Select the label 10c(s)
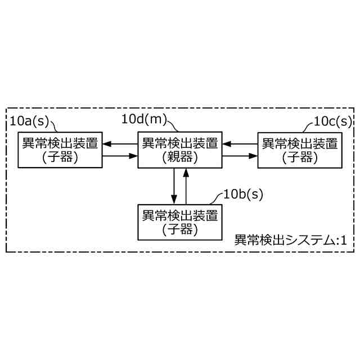pyautogui.click(x=332, y=121)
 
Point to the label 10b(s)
pyautogui.click(x=243, y=195)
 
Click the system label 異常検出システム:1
pyautogui.click(x=290, y=240)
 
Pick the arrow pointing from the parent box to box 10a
pyautogui.click(x=120, y=144)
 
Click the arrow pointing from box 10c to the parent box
pyautogui.click(x=240, y=144)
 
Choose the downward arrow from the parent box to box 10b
pyautogui.click(x=174, y=186)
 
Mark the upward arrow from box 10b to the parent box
pyautogui.click(x=186, y=186)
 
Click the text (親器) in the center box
pyautogui.click(x=180, y=157)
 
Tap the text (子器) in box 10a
pyautogui.click(x=60, y=157)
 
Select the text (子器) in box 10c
pyautogui.click(x=299, y=157)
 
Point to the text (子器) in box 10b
pyautogui.click(x=180, y=229)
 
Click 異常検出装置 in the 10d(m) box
pyautogui.click(x=180, y=143)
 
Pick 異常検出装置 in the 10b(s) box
pyautogui.click(x=180, y=215)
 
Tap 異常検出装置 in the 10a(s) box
pyautogui.click(x=60, y=143)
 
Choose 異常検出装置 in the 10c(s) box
pyautogui.click(x=299, y=143)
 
